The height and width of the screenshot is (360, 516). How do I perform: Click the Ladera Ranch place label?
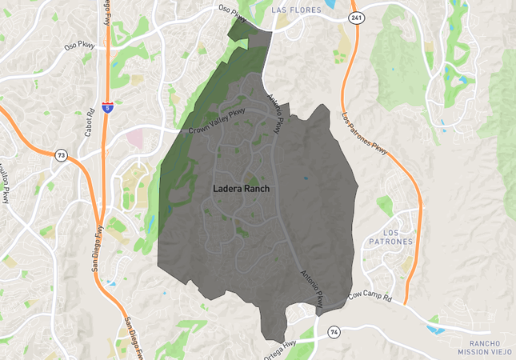[x=242, y=189]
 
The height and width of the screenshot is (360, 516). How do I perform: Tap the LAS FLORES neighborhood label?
[x=301, y=10]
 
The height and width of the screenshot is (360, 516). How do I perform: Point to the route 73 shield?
[x=61, y=154]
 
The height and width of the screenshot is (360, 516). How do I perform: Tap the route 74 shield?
[x=334, y=330]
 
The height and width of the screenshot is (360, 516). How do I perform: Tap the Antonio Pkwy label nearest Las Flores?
[x=274, y=114]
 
